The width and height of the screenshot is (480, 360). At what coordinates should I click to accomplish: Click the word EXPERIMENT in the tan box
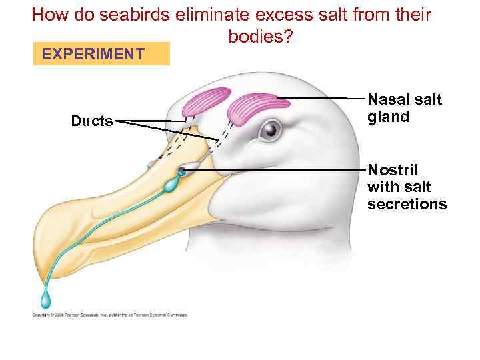[93, 53]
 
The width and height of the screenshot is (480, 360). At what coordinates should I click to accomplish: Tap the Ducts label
[92, 121]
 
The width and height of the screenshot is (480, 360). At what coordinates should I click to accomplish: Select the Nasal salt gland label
[405, 108]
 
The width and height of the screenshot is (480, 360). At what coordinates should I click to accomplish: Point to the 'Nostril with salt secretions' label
[407, 187]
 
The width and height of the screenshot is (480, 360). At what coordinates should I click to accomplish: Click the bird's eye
[269, 129]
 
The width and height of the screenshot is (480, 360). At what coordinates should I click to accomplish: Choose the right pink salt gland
[257, 107]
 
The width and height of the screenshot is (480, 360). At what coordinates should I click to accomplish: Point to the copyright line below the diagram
[110, 315]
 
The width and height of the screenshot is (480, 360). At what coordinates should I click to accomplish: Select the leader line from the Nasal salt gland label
[327, 99]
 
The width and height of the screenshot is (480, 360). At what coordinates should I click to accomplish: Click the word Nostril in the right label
[393, 169]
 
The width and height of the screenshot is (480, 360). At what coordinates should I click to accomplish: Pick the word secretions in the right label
[407, 204]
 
